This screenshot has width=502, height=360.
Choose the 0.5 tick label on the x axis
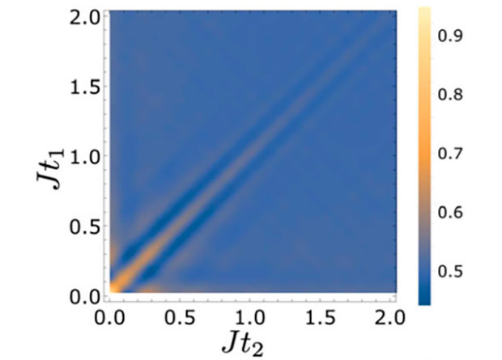(179, 312)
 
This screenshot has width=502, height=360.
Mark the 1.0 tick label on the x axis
(250, 312)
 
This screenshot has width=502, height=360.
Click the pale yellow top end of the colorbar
(427, 11)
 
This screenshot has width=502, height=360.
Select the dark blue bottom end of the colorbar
(427, 299)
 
